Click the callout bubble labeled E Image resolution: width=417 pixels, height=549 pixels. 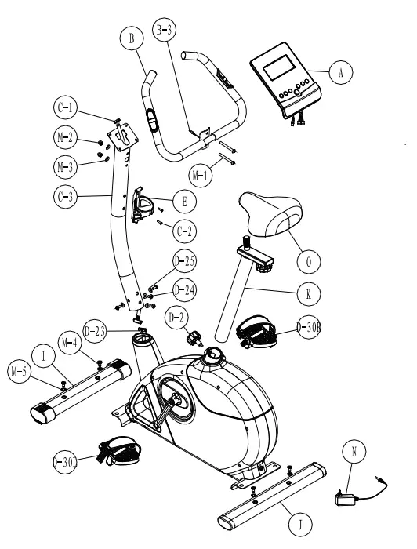(x=183, y=202)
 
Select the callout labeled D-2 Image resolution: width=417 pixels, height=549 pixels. (x=177, y=319)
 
